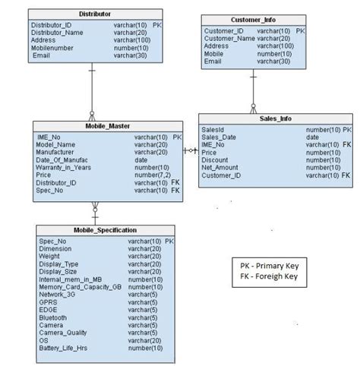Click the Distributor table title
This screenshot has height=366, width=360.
tap(94, 14)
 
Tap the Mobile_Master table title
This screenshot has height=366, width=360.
tap(107, 126)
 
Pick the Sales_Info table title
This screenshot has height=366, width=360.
tap(274, 119)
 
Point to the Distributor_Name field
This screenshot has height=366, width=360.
tap(57, 33)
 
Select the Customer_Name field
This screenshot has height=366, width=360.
tap(230, 39)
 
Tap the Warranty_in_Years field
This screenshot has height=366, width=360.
tap(67, 168)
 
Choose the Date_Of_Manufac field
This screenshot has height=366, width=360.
tap(64, 160)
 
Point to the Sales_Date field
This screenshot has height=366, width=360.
tap(219, 137)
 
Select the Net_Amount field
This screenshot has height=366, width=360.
tap(220, 168)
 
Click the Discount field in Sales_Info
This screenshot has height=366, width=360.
tap(215, 160)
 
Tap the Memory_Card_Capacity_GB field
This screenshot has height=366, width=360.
tap(80, 287)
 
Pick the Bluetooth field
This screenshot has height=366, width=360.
tap(53, 317)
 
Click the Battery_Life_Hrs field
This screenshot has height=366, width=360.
tap(64, 348)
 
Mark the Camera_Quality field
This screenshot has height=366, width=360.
tap(63, 333)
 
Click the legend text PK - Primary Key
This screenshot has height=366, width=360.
tap(270, 266)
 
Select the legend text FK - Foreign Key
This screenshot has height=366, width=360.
tap(270, 276)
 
